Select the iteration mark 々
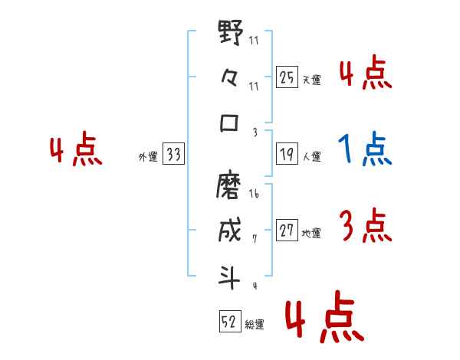click(x=230, y=79)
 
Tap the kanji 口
click(x=230, y=122)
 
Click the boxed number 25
click(x=287, y=77)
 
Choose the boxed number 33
click(x=173, y=155)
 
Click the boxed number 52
click(x=229, y=322)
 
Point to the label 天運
click(x=313, y=80)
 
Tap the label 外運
click(x=147, y=157)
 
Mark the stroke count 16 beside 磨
click(x=255, y=195)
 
